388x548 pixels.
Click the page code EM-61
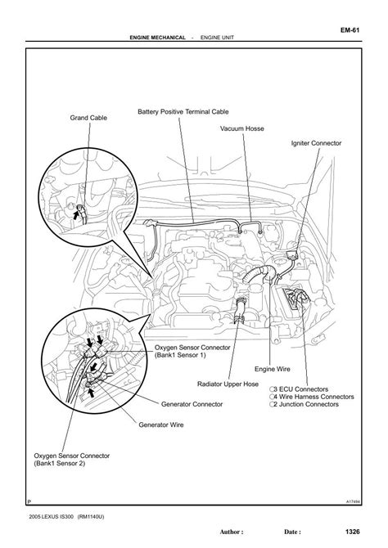[350, 30]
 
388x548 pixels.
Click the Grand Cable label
[88, 118]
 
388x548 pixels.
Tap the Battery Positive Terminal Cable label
[183, 112]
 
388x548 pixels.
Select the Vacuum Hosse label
[242, 128]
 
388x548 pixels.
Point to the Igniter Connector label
[316, 143]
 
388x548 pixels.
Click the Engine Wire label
[273, 369]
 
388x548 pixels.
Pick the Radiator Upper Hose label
[228, 384]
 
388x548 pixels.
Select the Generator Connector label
[192, 404]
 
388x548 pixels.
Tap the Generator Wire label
[161, 425]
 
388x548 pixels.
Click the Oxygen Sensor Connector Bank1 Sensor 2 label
[72, 460]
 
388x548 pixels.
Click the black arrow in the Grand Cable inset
[76, 214]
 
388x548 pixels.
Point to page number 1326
[352, 532]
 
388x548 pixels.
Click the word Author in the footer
[230, 532]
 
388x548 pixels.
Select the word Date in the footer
[291, 532]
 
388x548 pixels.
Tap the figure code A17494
[353, 502]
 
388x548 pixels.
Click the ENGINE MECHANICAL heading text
[157, 38]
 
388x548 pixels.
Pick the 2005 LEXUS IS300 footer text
[52, 517]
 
